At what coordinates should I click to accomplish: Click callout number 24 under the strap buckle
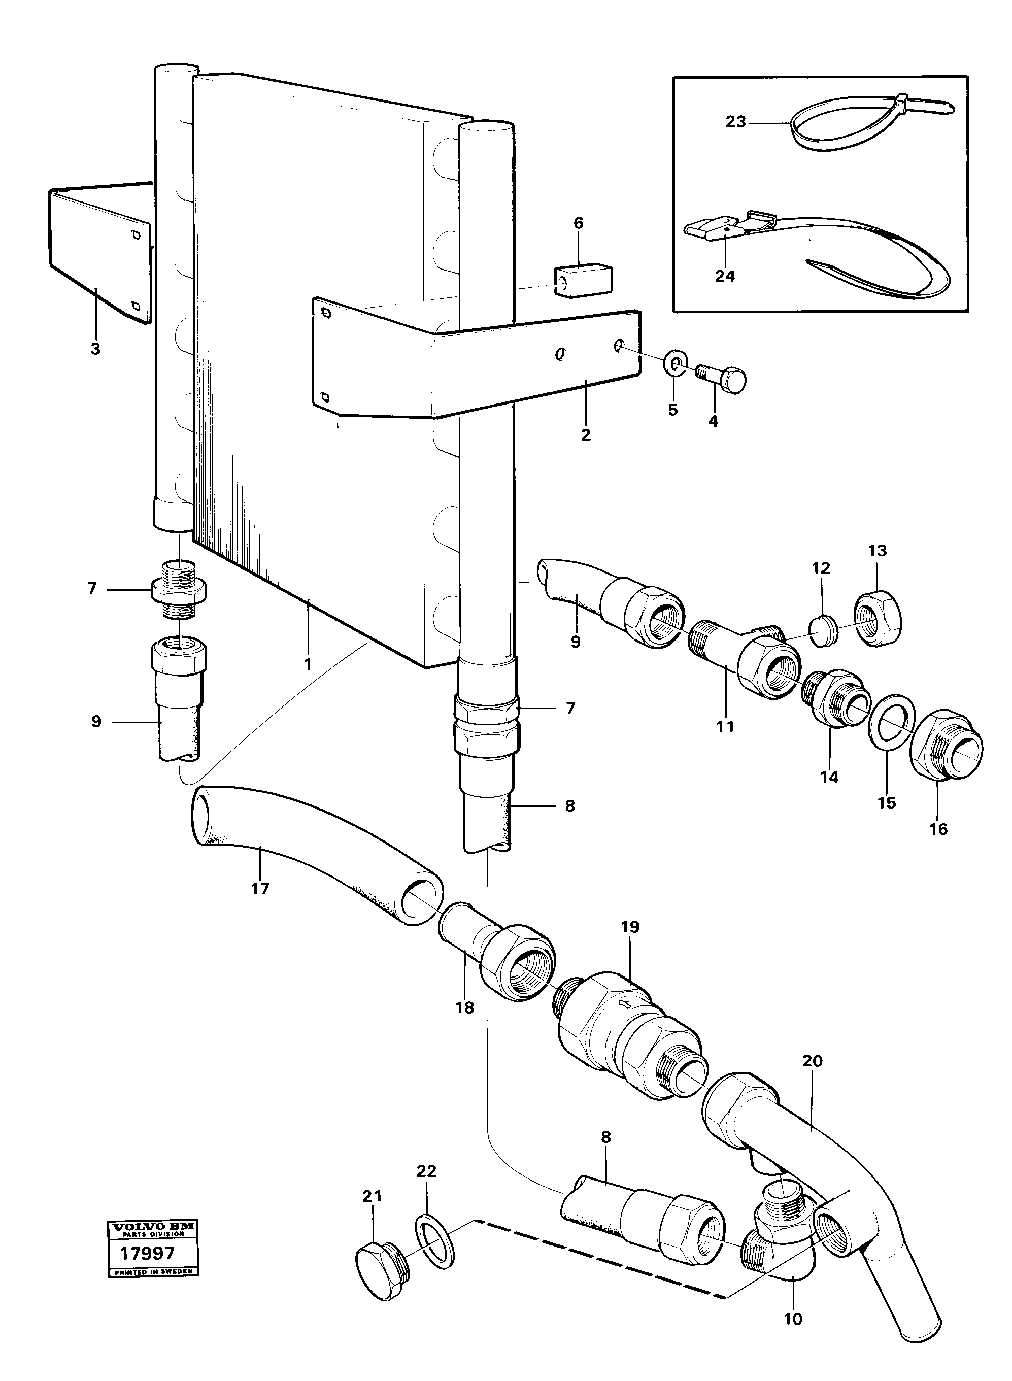coord(725,276)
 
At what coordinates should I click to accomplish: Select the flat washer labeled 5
coord(676,366)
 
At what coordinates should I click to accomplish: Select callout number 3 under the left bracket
coord(95,349)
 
